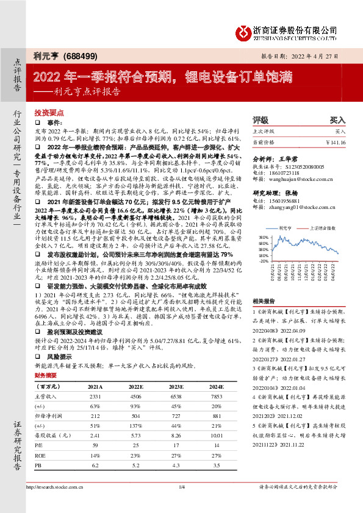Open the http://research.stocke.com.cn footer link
pyautogui.click(x=56, y=504)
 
